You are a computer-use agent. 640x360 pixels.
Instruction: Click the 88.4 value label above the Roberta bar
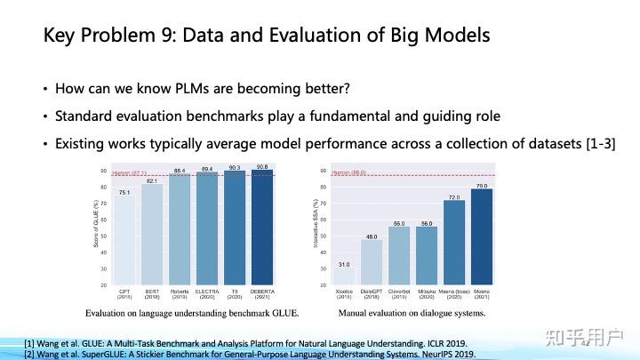point(180,170)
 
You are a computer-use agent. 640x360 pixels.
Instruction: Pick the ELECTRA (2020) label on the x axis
point(208,294)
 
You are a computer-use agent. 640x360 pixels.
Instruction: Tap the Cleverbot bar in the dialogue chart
point(400,255)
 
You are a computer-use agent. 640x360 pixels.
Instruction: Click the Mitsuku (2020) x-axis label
point(428,294)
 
